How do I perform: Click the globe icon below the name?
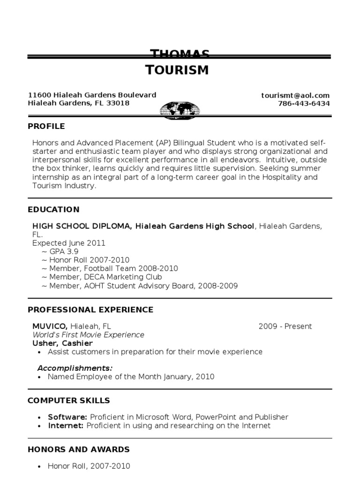click(x=180, y=111)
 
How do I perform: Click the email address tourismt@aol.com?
click(x=295, y=95)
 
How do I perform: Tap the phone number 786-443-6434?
click(x=304, y=104)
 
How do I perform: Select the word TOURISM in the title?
click(x=177, y=70)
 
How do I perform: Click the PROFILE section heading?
click(x=46, y=126)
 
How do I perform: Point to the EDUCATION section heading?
click(x=53, y=210)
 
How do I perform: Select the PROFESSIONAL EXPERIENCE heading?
click(x=90, y=310)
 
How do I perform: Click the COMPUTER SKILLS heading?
click(x=69, y=400)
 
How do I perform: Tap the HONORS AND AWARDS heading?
click(x=79, y=450)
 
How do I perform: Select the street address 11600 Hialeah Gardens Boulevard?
click(x=92, y=95)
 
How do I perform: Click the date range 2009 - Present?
click(x=285, y=327)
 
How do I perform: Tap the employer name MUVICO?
click(x=50, y=327)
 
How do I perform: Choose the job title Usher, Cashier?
click(x=62, y=344)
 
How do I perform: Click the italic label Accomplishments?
click(x=75, y=367)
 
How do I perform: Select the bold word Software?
click(x=67, y=417)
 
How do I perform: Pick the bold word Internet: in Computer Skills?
click(x=66, y=426)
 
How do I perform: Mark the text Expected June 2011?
click(x=69, y=243)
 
